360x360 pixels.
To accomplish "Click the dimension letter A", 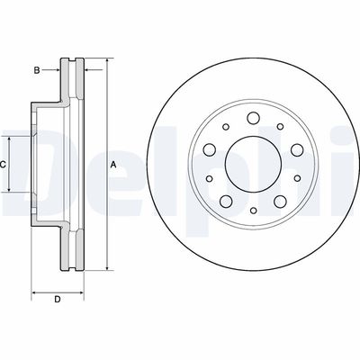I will (113, 165).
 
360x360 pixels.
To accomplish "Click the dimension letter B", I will (37, 68).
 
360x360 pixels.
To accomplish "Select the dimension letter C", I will (4, 165).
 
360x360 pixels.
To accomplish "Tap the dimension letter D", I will (57, 300).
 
